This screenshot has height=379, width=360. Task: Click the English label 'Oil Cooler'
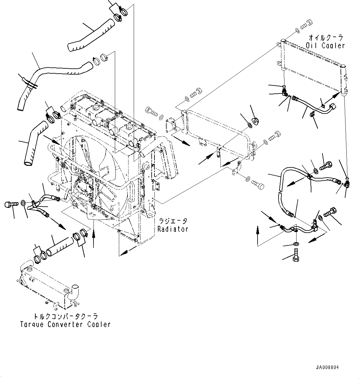[x=325, y=45]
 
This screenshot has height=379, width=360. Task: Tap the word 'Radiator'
[x=173, y=229]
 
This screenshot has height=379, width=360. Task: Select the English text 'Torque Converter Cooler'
[x=65, y=324]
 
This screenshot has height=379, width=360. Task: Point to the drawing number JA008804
[x=327, y=368]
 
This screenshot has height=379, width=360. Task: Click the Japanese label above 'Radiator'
[x=173, y=221]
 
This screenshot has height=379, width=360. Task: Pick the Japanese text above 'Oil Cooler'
[x=326, y=38]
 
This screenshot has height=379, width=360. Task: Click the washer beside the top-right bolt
[x=297, y=30]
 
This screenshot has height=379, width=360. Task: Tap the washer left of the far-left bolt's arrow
[x=24, y=203]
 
